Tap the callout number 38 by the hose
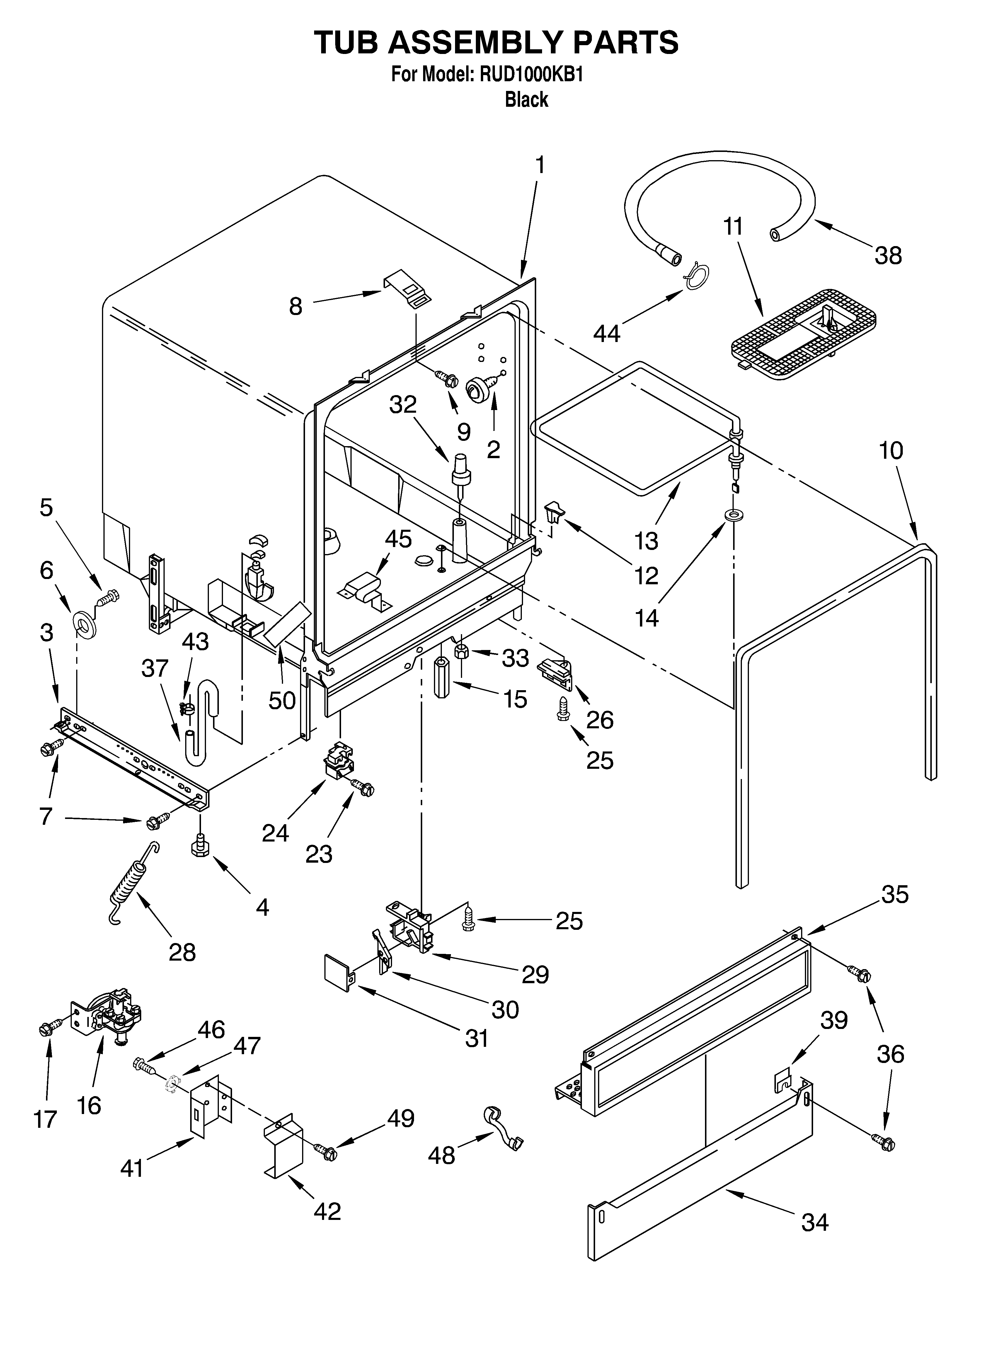888,256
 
